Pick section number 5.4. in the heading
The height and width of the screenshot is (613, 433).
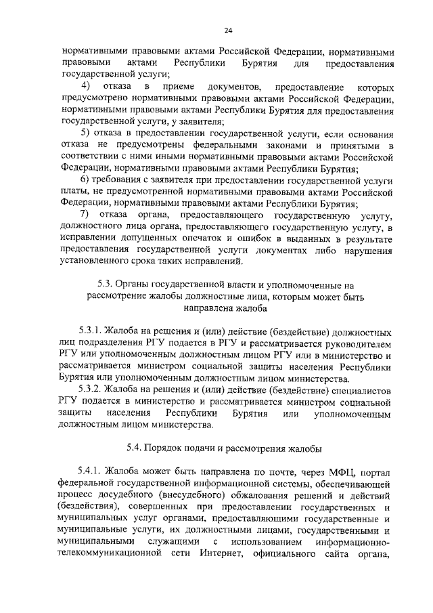click(x=136, y=448)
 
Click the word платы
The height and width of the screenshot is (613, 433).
click(x=75, y=192)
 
